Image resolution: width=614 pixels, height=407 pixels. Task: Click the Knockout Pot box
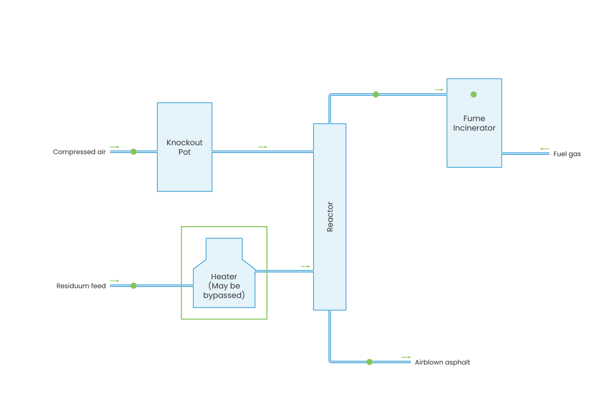click(184, 147)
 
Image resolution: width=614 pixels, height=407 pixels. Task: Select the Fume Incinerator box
click(474, 123)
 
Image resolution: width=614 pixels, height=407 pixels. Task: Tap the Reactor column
click(330, 217)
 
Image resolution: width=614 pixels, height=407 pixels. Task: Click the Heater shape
click(224, 279)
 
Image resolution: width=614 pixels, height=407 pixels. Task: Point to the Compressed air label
click(79, 152)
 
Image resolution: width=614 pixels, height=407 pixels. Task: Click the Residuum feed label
click(81, 286)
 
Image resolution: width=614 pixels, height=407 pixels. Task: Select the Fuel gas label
click(567, 154)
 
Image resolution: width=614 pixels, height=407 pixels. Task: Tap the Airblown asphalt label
click(442, 362)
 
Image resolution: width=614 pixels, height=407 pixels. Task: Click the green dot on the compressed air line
click(134, 152)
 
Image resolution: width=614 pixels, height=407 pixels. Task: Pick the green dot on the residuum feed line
click(134, 286)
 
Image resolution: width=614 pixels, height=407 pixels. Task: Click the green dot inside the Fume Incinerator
click(474, 95)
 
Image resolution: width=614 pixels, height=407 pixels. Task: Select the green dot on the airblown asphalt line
click(369, 362)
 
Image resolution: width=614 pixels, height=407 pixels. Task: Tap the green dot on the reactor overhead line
click(376, 95)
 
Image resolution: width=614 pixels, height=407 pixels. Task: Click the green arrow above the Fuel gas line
click(545, 149)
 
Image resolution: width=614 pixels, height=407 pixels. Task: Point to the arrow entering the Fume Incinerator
click(439, 90)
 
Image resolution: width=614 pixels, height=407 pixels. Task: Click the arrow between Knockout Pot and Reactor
click(263, 147)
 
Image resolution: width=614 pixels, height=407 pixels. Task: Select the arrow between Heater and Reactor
click(305, 266)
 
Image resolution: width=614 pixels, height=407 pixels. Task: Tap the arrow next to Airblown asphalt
click(406, 357)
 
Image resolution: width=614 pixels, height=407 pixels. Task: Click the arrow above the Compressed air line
click(115, 147)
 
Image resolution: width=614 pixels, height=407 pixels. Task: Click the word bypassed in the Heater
click(224, 295)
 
